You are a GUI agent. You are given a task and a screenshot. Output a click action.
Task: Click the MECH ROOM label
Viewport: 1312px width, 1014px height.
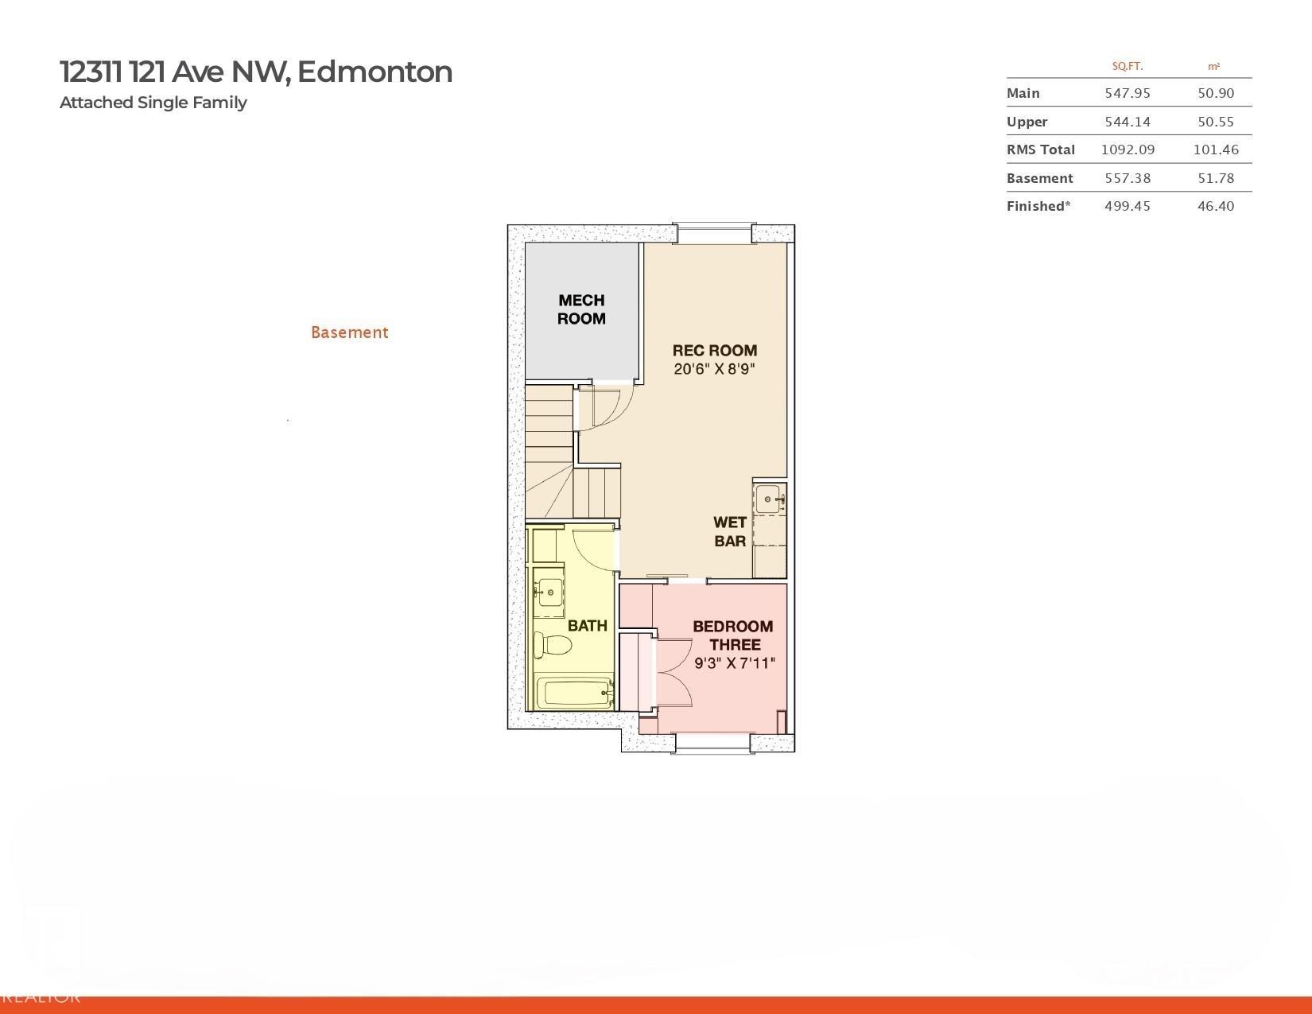tap(580, 309)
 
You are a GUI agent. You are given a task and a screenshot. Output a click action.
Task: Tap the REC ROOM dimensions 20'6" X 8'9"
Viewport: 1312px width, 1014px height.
tap(714, 368)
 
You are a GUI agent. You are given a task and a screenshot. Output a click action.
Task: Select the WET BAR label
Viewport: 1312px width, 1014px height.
tap(729, 531)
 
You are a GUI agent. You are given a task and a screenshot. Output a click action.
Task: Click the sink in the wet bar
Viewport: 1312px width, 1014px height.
tap(768, 499)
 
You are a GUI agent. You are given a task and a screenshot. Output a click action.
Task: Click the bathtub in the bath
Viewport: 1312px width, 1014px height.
tap(576, 692)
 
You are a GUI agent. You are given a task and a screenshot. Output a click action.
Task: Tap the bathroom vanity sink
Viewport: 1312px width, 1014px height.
tap(549, 592)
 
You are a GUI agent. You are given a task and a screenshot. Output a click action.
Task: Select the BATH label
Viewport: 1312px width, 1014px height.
tap(587, 626)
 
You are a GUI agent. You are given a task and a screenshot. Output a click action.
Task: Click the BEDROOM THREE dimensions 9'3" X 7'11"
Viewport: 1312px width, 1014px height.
tap(734, 663)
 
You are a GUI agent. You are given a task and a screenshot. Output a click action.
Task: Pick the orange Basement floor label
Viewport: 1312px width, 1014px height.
tap(350, 332)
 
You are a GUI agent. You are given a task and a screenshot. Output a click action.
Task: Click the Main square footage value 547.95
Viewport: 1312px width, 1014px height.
tap(1128, 93)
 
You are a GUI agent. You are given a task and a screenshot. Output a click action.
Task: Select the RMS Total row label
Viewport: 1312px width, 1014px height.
tap(1040, 150)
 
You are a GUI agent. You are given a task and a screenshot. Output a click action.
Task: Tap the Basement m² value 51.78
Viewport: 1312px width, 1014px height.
tap(1216, 178)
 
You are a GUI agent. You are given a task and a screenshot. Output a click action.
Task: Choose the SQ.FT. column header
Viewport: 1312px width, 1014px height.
tap(1128, 67)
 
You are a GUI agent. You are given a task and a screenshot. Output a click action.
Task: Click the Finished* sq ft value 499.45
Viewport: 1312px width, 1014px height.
tap(1128, 206)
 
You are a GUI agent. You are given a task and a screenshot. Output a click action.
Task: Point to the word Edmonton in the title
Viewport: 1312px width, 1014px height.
tap(375, 72)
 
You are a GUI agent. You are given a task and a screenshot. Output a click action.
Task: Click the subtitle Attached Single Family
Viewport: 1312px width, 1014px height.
tap(153, 103)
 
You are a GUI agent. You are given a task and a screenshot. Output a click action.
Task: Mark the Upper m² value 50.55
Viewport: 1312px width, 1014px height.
tap(1216, 122)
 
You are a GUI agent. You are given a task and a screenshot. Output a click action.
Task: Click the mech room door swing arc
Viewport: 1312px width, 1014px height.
tap(622, 413)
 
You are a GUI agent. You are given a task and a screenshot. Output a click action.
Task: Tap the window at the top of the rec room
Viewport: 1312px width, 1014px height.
tap(714, 233)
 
